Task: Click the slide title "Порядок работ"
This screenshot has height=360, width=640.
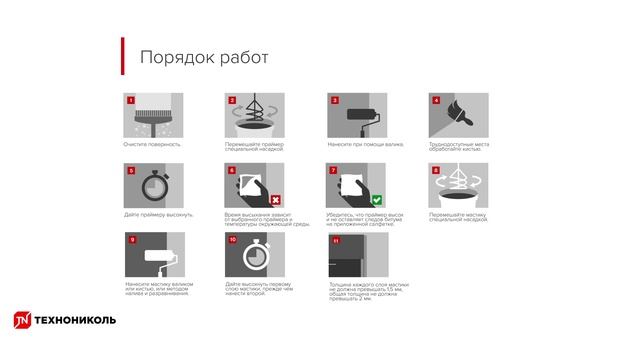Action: pyautogui.click(x=203, y=57)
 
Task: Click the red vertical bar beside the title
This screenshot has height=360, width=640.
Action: pyautogui.click(x=123, y=56)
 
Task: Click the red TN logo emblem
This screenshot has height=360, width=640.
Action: pyautogui.click(x=21, y=320)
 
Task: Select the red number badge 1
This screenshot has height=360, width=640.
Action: pyautogui.click(x=129, y=100)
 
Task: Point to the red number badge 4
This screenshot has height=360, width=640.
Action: pyautogui.click(x=435, y=100)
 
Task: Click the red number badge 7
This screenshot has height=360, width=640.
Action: pyautogui.click(x=333, y=171)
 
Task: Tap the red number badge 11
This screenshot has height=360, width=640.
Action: pyautogui.click(x=333, y=241)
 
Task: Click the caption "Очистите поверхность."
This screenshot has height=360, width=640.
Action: pyautogui.click(x=152, y=144)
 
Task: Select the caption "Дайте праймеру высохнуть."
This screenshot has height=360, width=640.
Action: pyautogui.click(x=159, y=214)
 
